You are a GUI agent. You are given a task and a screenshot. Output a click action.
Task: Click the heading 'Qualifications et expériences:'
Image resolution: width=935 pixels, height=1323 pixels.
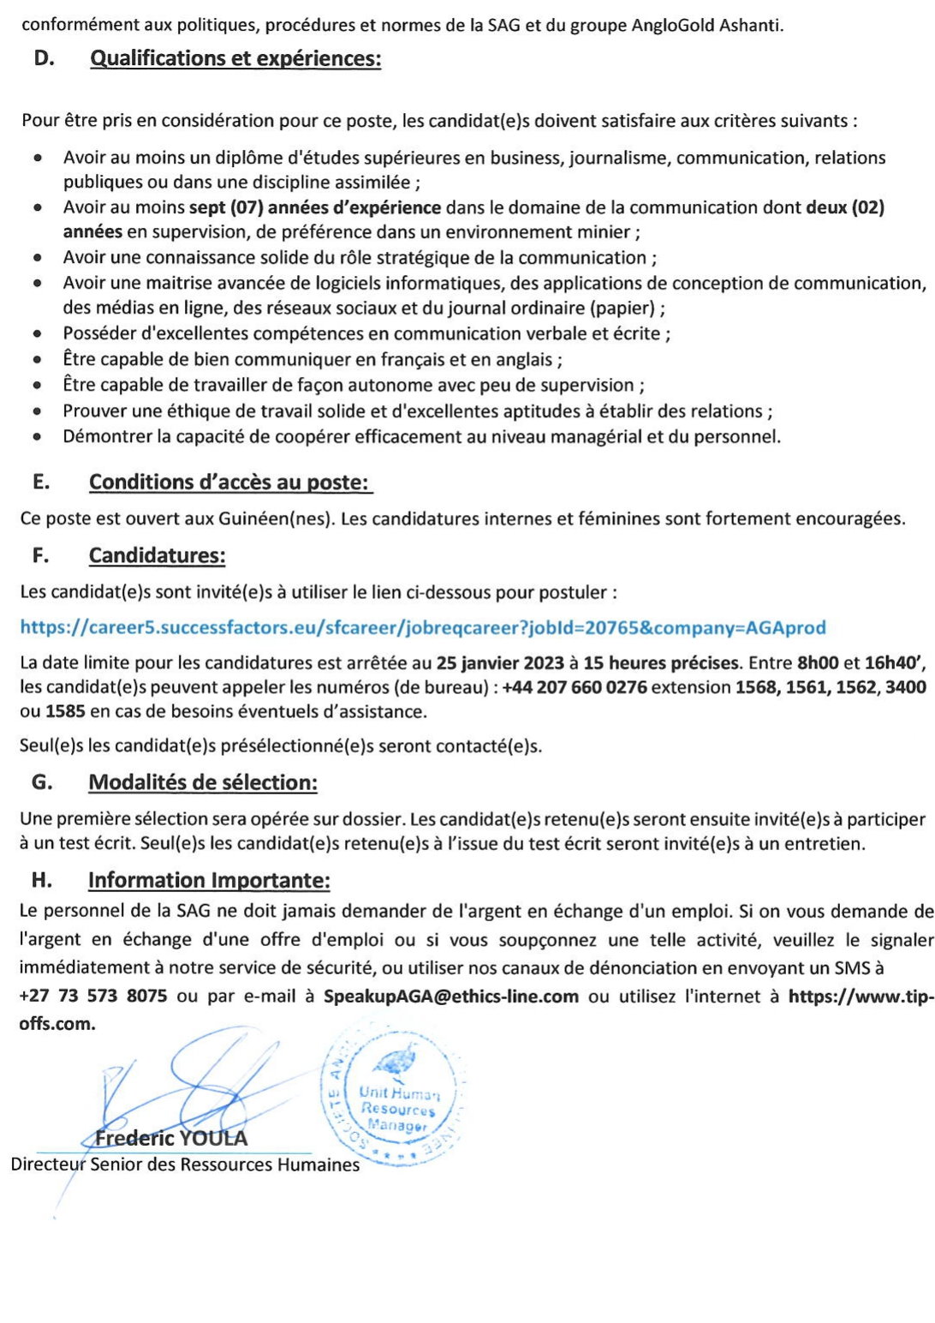235,58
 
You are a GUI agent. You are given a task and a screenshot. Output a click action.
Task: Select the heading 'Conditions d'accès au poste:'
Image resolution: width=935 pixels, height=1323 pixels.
230,482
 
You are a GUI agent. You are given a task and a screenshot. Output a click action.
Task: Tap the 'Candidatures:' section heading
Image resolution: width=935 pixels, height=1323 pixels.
157,555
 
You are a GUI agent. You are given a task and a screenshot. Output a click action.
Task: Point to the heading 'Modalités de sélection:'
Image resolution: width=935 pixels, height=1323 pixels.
203,782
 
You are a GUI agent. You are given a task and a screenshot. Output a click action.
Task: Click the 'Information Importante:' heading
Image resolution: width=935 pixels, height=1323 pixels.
209,880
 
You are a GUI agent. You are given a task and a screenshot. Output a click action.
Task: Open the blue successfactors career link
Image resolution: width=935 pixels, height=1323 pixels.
423,627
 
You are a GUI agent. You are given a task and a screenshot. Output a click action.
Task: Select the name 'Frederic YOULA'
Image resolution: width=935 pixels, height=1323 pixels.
171,1139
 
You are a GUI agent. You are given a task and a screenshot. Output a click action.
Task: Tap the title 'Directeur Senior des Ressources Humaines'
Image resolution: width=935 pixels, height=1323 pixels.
185,1164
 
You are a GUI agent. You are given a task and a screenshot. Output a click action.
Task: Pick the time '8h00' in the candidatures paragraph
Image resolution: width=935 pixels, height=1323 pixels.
818,662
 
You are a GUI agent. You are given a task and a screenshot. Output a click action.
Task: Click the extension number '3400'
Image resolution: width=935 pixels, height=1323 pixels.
905,687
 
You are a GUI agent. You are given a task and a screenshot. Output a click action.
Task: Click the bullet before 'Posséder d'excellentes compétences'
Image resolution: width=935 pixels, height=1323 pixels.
37,334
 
